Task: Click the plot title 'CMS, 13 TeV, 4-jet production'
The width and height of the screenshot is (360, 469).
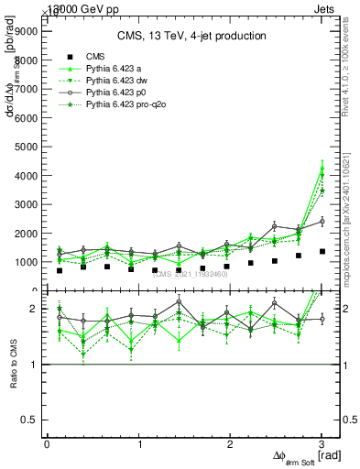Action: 191,36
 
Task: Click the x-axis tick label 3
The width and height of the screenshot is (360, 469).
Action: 322,443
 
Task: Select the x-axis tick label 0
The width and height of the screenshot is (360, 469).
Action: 47,443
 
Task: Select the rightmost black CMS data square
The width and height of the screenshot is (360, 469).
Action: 322,251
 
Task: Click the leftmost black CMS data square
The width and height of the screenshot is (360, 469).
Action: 60,270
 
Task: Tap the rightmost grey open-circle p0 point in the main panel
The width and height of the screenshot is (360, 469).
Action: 322,221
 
